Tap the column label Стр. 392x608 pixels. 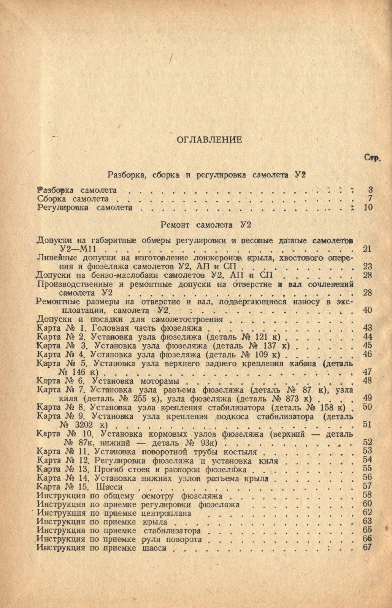click(373, 158)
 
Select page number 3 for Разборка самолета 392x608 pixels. click(370, 190)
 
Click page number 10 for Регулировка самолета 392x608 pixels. click(368, 207)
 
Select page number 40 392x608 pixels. click(368, 310)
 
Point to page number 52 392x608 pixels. click(368, 442)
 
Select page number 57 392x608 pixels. click(368, 486)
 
